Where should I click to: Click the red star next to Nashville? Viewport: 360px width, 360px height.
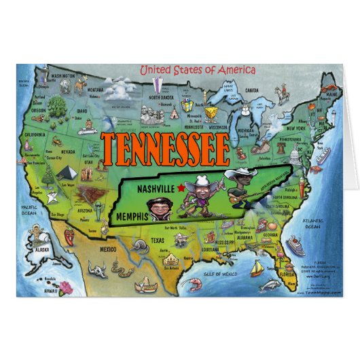pos(180,187)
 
